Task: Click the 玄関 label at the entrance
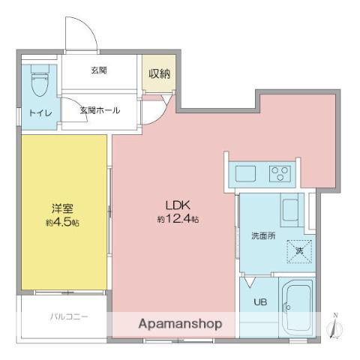tap(99, 70)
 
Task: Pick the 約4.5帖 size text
tap(61, 223)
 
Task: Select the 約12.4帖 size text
tap(178, 219)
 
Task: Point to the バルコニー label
tap(69, 316)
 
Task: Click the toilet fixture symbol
tap(39, 79)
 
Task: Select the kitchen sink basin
tap(246, 173)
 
